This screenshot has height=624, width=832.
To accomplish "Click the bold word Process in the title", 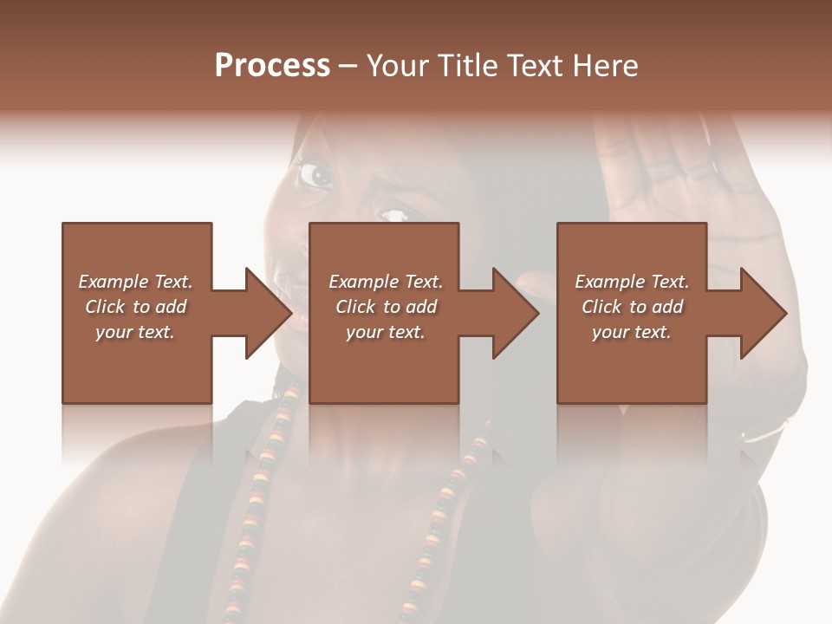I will pos(272,66).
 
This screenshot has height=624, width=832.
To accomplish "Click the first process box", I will pos(137,364).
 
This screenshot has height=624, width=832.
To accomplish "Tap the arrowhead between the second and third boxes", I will pos(515,313).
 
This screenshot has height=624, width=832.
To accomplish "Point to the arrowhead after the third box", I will pos(762,313).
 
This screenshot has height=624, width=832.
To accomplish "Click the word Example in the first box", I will pos(114,282).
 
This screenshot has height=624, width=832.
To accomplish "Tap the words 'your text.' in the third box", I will pos(632,332).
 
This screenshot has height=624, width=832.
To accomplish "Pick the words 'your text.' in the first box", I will pos(135,332).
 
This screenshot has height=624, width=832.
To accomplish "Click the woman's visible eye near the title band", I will pos(315,176).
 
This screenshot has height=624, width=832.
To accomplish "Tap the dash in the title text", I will pos(348,67).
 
